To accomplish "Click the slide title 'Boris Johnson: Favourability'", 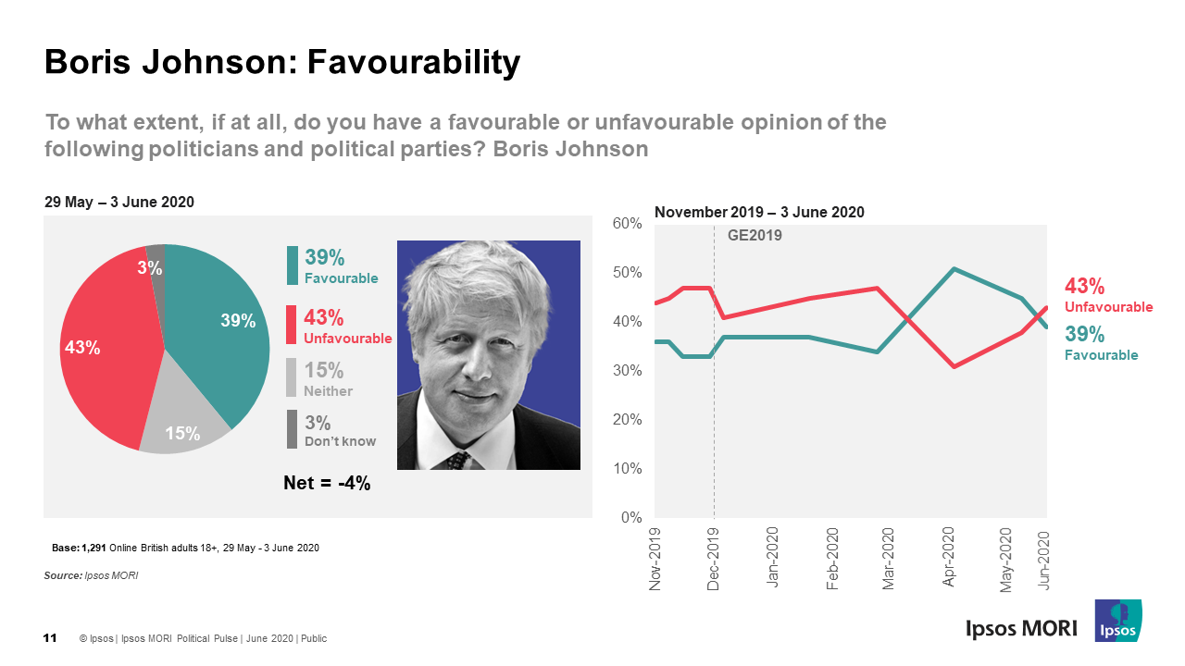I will (x=282, y=62).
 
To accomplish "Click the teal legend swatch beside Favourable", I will (x=293, y=265).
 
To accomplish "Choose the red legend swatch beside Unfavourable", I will (x=293, y=326).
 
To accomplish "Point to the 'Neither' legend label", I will (x=328, y=391).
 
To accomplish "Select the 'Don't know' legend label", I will (x=340, y=441).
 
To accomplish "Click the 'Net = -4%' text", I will (x=327, y=482).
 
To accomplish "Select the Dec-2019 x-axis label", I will (x=714, y=559).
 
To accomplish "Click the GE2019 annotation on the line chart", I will (x=755, y=236).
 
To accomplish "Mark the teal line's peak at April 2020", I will (x=953, y=269).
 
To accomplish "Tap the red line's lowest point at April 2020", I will (x=953, y=367).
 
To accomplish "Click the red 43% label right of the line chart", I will (x=1085, y=287).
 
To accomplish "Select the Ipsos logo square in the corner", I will (x=1117, y=621).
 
